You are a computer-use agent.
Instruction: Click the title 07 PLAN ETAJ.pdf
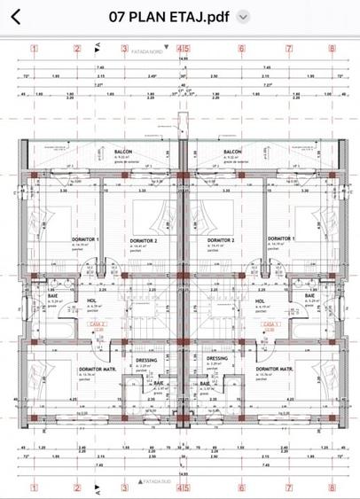tap(169, 17)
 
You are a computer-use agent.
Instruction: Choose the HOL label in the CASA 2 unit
tap(91, 300)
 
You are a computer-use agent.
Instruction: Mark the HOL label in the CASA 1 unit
tap(260, 300)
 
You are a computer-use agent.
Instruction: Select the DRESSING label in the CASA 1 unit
tap(217, 359)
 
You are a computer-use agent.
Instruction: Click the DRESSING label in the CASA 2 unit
tap(147, 360)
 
